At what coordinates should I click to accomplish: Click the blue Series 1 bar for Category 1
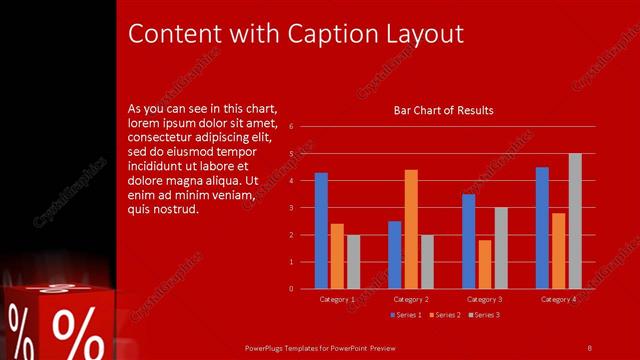pos(321,231)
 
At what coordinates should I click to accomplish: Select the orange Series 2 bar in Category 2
pos(411,229)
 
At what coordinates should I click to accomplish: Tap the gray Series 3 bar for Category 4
pos(575,221)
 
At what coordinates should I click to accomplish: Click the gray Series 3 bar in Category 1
pos(353,262)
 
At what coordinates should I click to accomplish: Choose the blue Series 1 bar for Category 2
pos(395,255)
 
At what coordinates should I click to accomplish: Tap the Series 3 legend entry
pos(484,315)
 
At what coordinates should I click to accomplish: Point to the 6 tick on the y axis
pos(290,127)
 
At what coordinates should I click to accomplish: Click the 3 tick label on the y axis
pos(290,208)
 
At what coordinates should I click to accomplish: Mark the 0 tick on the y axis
pos(290,289)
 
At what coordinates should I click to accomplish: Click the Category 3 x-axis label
pos(485,299)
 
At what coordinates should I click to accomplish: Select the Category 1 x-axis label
pos(337,299)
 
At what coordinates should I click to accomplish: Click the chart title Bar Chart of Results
pos(443,110)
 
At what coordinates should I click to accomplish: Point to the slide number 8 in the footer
pos(590,347)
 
